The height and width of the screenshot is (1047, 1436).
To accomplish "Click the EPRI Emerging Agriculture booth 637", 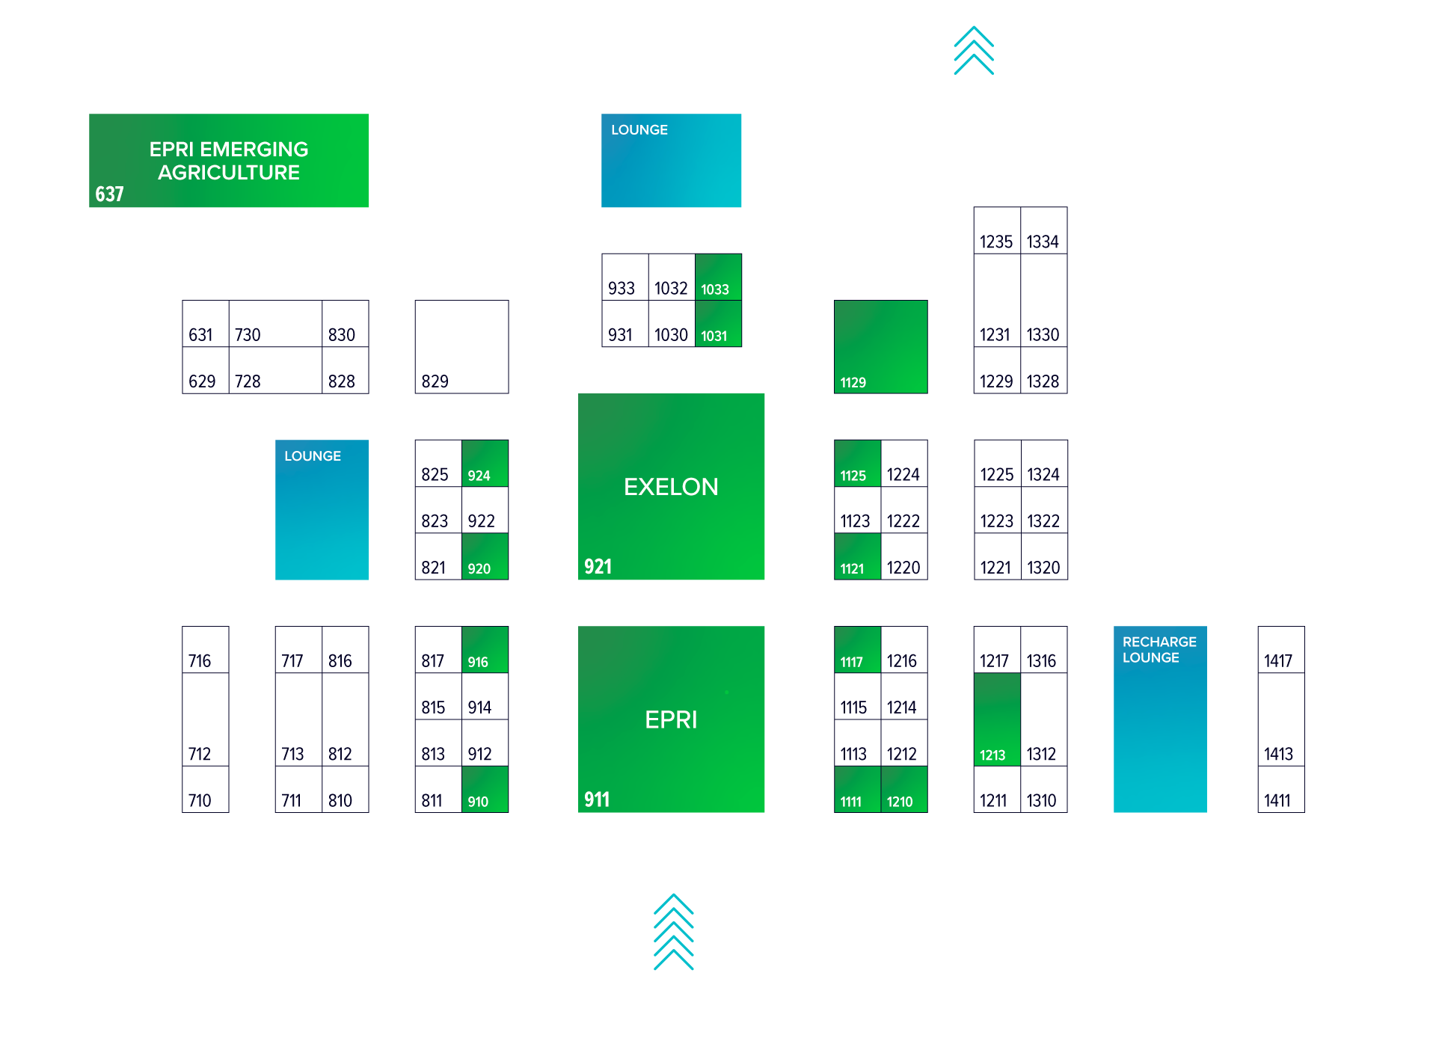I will click(x=228, y=161).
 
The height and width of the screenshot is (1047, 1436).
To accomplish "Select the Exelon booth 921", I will click(x=671, y=487).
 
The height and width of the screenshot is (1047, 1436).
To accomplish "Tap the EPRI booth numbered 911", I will click(x=671, y=719).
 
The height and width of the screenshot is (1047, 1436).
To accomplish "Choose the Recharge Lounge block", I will click(x=1159, y=719).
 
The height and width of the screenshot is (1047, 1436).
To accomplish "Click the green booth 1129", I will click(x=880, y=347).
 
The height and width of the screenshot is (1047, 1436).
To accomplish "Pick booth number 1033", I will click(x=718, y=277).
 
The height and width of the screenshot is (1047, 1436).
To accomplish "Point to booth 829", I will click(x=461, y=347).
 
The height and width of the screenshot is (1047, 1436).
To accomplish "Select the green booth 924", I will click(x=485, y=464).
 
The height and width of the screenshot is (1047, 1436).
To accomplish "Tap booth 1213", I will click(x=996, y=719).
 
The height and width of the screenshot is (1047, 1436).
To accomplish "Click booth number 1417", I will click(x=1280, y=650).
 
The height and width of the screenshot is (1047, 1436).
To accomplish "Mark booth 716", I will click(x=205, y=650).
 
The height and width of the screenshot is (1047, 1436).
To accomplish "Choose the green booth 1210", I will click(x=903, y=790).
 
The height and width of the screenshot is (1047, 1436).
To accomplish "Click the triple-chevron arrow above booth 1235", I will click(x=973, y=51).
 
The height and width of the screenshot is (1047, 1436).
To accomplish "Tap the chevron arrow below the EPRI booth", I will click(x=673, y=932).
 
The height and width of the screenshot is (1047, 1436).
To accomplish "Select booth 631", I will click(x=205, y=324).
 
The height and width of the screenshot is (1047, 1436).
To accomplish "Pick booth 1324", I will click(x=1044, y=464).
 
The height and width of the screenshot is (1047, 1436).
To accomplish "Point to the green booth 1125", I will click(x=857, y=464).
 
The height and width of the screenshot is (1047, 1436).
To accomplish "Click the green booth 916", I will click(x=485, y=650).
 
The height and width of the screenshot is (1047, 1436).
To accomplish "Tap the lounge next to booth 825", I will click(x=322, y=510).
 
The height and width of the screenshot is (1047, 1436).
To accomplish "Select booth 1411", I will click(x=1280, y=790).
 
